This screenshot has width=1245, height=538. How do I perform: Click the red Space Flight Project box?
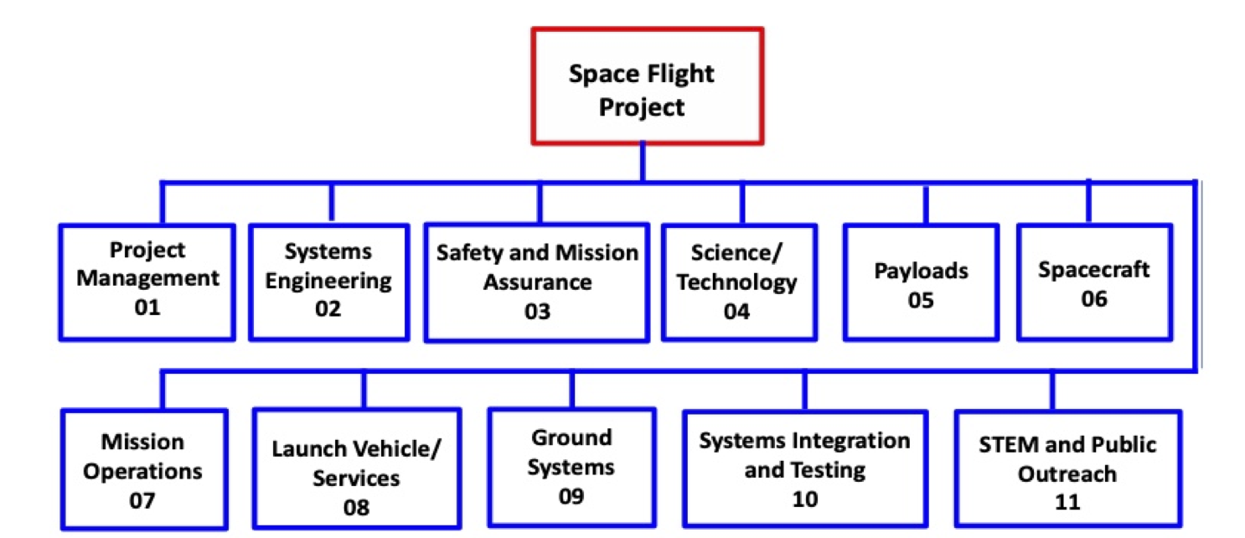click(x=647, y=85)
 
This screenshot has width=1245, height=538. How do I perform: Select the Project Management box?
click(x=147, y=281)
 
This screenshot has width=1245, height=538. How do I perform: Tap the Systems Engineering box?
click(x=328, y=281)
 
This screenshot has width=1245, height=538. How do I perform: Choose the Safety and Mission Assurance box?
click(x=537, y=282)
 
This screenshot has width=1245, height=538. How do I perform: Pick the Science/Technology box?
click(x=737, y=282)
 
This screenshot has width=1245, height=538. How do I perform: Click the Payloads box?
click(x=921, y=282)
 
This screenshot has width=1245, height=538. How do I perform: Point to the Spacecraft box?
click(x=1093, y=282)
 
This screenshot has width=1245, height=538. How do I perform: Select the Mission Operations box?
click(x=143, y=469)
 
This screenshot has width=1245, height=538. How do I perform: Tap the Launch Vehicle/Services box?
click(x=356, y=469)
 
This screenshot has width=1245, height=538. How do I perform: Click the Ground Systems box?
click(x=571, y=467)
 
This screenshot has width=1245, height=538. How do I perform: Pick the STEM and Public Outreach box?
click(x=1067, y=469)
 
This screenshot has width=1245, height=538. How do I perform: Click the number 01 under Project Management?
click(x=147, y=308)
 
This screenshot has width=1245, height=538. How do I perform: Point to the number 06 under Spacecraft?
click(x=1093, y=298)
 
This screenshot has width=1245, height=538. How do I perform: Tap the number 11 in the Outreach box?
click(x=1067, y=502)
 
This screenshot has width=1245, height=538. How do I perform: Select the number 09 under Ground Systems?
click(x=571, y=495)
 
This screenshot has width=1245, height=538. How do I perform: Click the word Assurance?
click(x=537, y=282)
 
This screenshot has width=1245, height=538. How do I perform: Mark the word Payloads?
click(x=921, y=271)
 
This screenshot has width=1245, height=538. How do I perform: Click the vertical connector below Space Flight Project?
click(x=643, y=161)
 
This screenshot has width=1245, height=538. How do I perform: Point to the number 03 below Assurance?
click(x=537, y=311)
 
